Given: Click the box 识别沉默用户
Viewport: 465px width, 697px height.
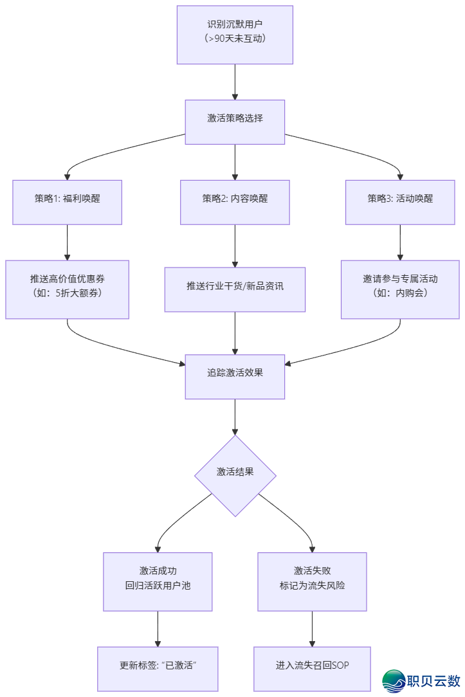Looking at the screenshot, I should [235, 35].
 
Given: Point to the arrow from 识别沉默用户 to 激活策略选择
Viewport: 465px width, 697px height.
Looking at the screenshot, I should [235, 82].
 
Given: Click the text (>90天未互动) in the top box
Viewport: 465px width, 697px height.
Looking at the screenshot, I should [235, 40].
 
